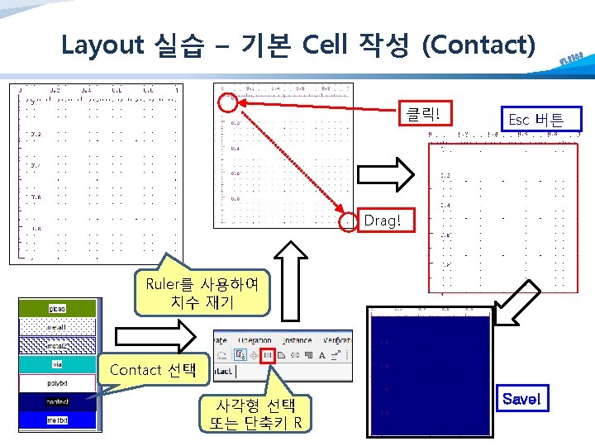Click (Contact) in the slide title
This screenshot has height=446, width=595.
(x=478, y=45)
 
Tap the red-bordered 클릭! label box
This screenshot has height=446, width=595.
(x=424, y=115)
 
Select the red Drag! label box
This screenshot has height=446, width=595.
(x=382, y=221)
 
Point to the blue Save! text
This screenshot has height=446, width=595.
(x=521, y=399)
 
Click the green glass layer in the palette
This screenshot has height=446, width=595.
(x=57, y=308)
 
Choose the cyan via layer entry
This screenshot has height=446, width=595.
(x=57, y=363)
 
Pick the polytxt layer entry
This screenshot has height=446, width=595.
(x=57, y=383)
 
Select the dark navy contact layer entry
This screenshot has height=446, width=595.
(x=57, y=401)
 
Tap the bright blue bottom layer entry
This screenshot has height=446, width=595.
(x=57, y=420)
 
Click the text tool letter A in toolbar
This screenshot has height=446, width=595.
(x=321, y=355)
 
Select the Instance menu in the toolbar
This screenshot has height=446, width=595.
(x=297, y=339)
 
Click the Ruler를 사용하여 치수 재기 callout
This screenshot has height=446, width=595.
(x=202, y=293)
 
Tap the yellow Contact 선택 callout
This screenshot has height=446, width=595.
(x=151, y=370)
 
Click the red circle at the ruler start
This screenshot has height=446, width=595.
(x=229, y=102)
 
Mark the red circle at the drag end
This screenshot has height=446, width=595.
(x=350, y=221)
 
